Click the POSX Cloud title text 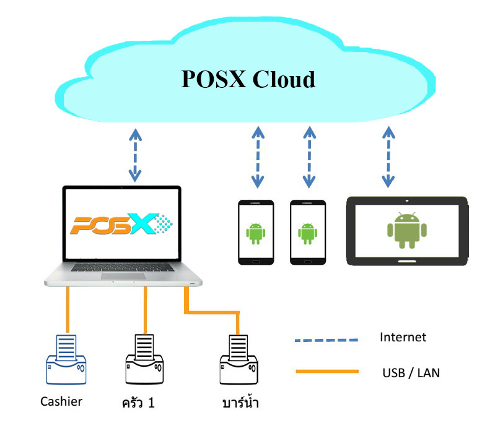[x=248, y=80]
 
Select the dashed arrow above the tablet [x=388, y=156]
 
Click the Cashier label [x=61, y=401]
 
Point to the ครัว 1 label [x=138, y=404]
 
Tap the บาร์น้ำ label [x=240, y=404]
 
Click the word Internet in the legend [x=403, y=337]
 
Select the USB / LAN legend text [x=411, y=372]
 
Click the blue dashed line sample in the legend [x=326, y=340]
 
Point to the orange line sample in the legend [x=326, y=372]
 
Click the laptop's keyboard [x=124, y=267]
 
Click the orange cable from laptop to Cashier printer [x=68, y=309]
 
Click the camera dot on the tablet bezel [x=407, y=201]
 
